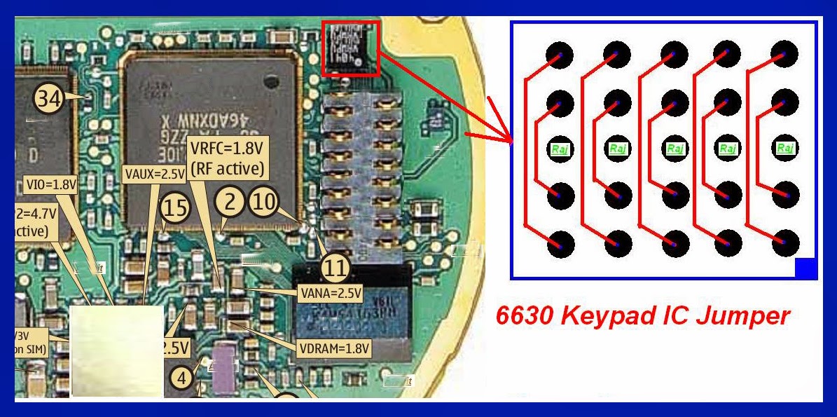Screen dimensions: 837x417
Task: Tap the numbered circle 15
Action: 174,207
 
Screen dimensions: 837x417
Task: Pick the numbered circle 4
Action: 182,378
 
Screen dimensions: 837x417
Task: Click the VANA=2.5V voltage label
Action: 329,294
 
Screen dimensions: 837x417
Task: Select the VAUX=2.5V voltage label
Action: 153,172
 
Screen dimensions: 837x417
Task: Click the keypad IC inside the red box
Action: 350,48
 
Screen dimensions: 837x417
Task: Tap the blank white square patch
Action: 118,350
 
